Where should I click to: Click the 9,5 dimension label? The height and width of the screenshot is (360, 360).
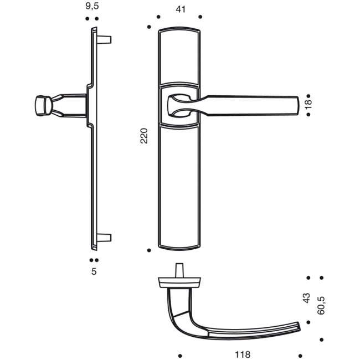pos(92,6)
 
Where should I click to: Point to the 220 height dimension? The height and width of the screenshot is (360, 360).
pos(144,136)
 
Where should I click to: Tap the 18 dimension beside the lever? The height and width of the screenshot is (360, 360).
pos(308,103)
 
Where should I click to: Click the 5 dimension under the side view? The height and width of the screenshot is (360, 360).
pos(94,271)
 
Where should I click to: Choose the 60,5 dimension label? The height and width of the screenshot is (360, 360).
pos(321,305)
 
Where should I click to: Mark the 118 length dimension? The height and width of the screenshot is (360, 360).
pos(243,354)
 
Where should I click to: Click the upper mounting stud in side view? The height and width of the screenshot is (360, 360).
pos(105,39)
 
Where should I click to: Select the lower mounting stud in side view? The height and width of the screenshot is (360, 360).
pos(105,238)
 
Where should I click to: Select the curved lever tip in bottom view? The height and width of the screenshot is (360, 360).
pos(299,326)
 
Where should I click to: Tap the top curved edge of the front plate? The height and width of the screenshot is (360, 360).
pos(178,28)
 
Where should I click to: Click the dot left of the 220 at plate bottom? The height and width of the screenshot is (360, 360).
pos(149,250)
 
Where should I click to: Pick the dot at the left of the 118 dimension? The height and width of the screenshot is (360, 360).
pos(180,354)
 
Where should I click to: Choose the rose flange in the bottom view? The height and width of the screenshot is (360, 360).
pos(178,283)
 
